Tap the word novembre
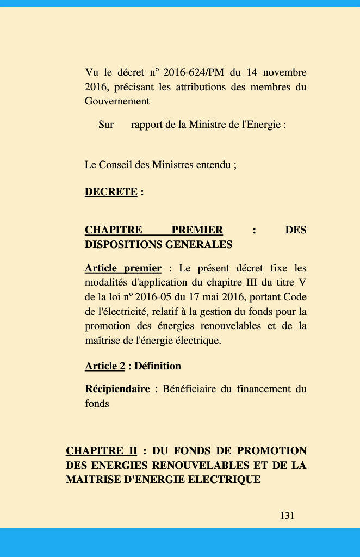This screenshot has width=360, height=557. pyautogui.click(x=284, y=72)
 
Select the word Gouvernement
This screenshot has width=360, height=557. pyautogui.click(x=117, y=101)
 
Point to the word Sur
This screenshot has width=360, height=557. pyautogui.click(x=106, y=125)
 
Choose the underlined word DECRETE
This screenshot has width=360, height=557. pyautogui.click(x=111, y=192)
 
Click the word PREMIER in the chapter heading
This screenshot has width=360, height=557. pyautogui.click(x=197, y=230)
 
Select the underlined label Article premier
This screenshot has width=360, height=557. pyautogui.click(x=123, y=268)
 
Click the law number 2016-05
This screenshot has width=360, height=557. pyautogui.click(x=156, y=297)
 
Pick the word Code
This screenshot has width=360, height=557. pyautogui.click(x=295, y=297)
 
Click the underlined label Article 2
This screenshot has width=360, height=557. pyautogui.click(x=104, y=366)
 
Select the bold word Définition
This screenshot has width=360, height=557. pyautogui.click(x=158, y=366)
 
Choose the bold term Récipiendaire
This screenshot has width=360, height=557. pyautogui.click(x=117, y=389)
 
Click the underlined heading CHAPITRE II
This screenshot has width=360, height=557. pyautogui.click(x=101, y=451)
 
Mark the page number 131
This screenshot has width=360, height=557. pyautogui.click(x=287, y=516)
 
